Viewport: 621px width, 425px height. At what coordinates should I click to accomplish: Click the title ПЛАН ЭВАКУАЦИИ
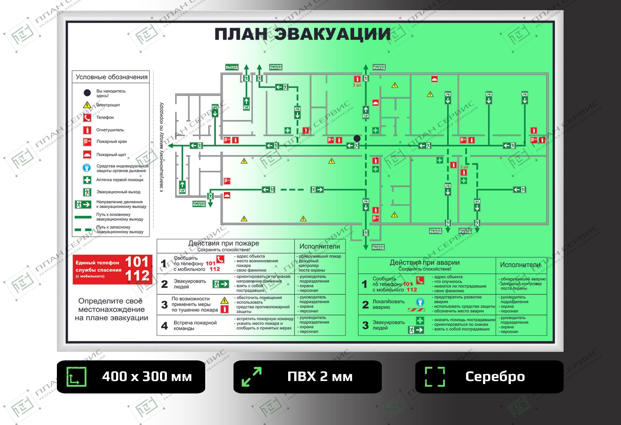[x=302, y=34]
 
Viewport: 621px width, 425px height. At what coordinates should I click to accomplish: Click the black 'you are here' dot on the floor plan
[x=357, y=138]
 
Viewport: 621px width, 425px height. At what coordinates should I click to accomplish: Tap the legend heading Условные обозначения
[x=112, y=77]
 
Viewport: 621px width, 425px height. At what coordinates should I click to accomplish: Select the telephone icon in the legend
[x=87, y=118]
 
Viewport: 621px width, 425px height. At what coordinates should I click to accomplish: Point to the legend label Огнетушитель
[x=110, y=130]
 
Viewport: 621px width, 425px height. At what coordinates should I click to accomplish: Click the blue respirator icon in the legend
[x=87, y=168]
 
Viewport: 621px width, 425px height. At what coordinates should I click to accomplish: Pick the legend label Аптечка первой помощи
[x=120, y=180]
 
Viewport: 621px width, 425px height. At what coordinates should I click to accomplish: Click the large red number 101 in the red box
[x=137, y=262]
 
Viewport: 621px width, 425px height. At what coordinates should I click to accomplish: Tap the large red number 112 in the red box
[x=137, y=275]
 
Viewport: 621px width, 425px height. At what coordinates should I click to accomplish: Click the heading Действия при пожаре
[x=224, y=243]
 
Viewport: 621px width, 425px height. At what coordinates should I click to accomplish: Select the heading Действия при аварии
[x=425, y=262]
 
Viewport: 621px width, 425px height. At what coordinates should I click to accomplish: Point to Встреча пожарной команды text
[x=195, y=326]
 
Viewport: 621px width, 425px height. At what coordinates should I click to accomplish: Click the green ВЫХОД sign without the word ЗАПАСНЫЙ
[x=232, y=67]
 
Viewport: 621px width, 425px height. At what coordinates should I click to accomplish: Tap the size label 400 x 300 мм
[x=147, y=377]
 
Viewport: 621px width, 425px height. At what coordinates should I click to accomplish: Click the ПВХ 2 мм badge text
[x=320, y=377]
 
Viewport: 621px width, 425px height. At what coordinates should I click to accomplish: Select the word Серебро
[x=495, y=377]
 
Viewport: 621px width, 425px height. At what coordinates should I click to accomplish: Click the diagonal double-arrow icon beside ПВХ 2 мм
[x=251, y=377]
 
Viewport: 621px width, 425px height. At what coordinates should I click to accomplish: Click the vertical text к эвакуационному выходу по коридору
[x=161, y=147]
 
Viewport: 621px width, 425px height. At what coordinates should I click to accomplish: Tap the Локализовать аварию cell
[x=388, y=304]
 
